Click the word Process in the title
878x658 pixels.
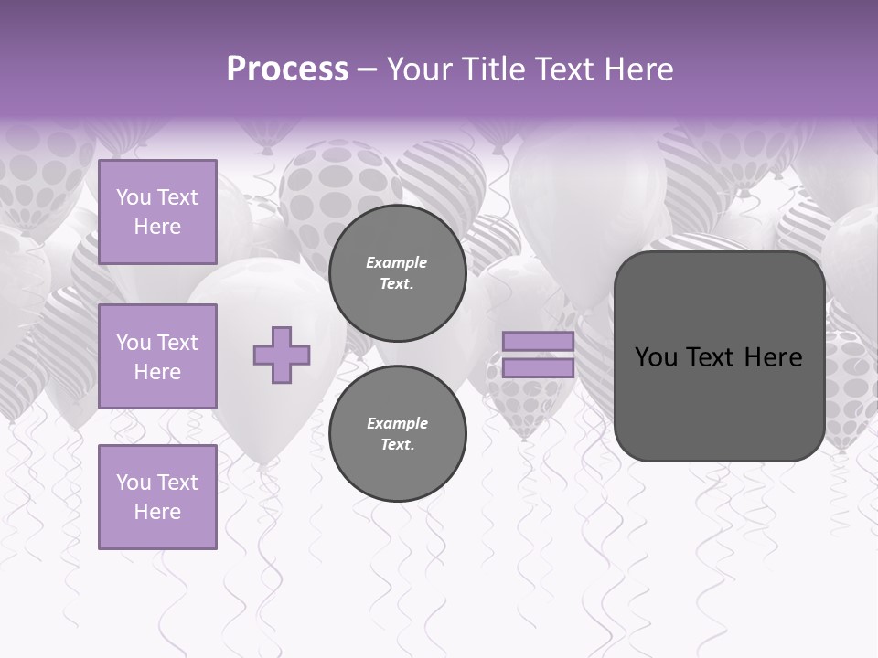[287, 69]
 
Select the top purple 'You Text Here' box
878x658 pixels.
[157, 212]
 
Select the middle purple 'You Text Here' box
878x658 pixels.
[157, 356]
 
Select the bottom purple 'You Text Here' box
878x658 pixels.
[157, 497]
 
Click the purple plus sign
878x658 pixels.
[282, 355]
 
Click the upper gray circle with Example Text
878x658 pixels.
[397, 273]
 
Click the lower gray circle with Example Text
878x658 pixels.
[397, 434]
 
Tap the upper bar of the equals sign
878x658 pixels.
[539, 342]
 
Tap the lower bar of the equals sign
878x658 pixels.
[539, 367]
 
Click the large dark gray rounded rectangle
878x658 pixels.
[719, 402]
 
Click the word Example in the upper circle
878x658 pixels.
[397, 263]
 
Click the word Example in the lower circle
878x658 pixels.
[397, 423]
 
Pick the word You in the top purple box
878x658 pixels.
[134, 197]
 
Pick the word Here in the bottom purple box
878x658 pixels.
[157, 512]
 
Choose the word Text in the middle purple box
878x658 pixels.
[177, 343]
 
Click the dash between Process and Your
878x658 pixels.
[368, 69]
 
